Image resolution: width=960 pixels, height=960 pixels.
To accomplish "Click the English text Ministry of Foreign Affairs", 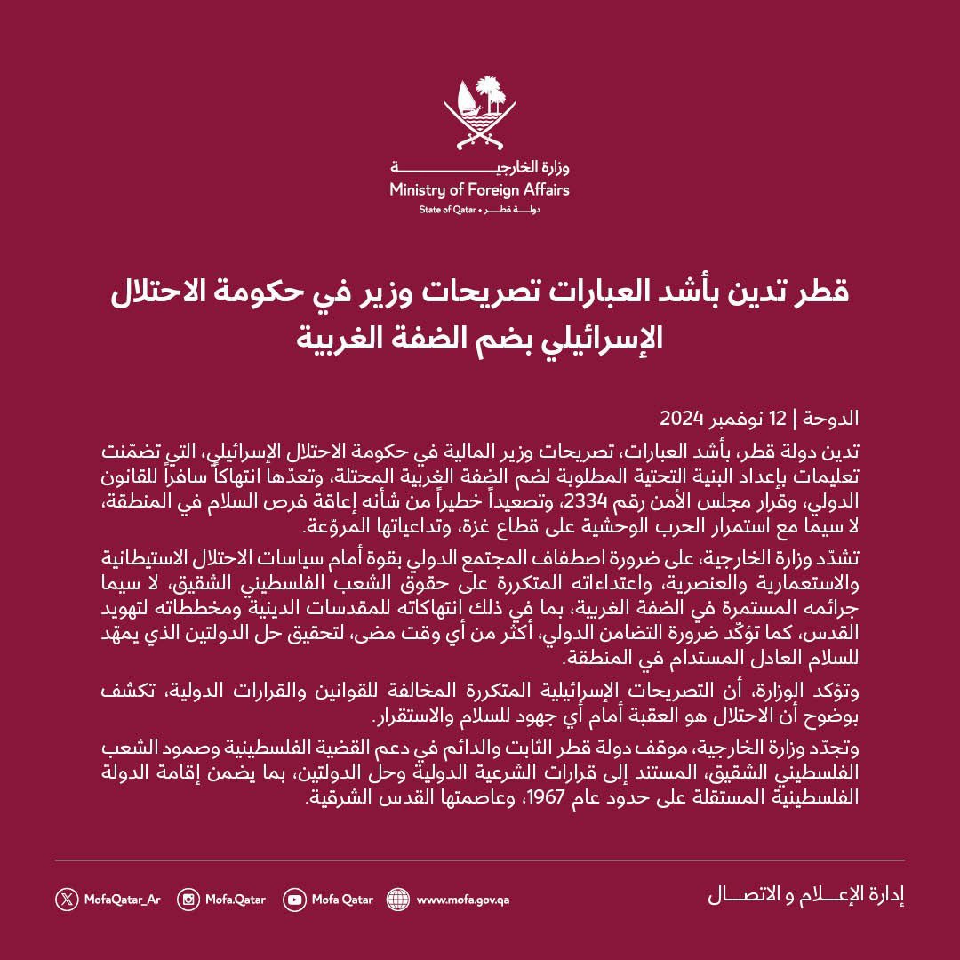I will click(x=479, y=189).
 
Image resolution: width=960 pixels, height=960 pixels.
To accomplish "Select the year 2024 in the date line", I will click(x=682, y=418).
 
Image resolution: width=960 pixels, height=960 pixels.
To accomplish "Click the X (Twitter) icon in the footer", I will click(x=68, y=899).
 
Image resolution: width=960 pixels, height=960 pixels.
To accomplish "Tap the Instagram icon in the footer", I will click(x=188, y=899).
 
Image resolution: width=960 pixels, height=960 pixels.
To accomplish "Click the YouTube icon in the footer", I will click(x=294, y=899).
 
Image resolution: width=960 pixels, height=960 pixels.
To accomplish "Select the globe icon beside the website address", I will click(x=398, y=899).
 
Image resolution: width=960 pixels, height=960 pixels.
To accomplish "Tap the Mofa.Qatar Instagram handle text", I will click(x=236, y=900).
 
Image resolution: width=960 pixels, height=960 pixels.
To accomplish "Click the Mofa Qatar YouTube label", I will click(x=342, y=900).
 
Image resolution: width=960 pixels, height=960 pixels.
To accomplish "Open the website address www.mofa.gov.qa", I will click(x=462, y=900).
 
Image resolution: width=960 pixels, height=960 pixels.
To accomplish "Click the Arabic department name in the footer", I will click(x=805, y=895).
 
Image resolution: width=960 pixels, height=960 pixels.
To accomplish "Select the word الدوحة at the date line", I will click(x=835, y=418).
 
